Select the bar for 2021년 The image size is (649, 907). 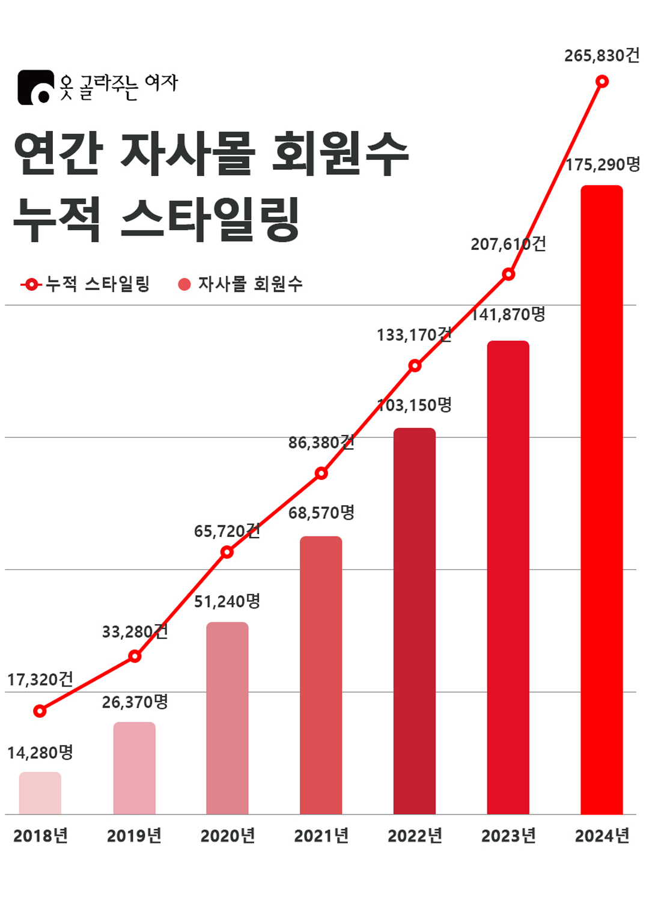tap(321, 675)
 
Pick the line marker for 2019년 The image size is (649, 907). tap(135, 656)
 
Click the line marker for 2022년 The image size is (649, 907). tap(415, 365)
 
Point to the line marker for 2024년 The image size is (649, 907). tap(602, 81)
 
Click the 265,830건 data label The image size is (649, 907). tap(602, 56)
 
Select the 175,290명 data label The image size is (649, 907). tap(603, 165)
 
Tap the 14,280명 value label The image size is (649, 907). tap(40, 753)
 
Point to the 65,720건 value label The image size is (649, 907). tap(227, 531)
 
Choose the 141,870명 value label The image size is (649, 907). tap(508, 314)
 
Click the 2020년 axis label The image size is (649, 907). tap(228, 836)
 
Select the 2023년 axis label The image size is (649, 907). tap(508, 836)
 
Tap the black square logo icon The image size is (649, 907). tap(35, 88)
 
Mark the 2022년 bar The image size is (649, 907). tap(415, 621)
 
